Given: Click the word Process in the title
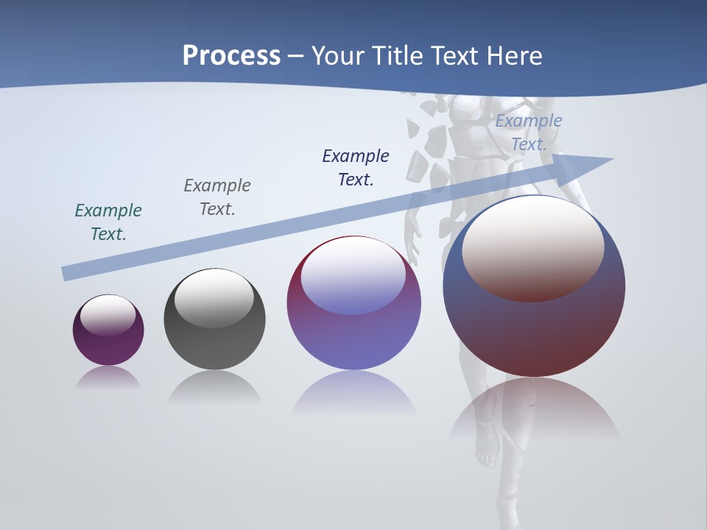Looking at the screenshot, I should [231, 56].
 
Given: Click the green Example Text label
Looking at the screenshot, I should [108, 222].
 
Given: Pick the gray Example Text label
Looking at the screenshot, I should [217, 197].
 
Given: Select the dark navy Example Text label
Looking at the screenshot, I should [356, 167].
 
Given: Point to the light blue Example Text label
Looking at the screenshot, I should [528, 132].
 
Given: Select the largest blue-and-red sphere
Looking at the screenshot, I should [534, 331].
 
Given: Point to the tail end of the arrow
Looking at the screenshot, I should [66, 274].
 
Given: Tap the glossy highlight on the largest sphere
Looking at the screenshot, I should [533, 247].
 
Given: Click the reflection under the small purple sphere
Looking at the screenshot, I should [108, 378].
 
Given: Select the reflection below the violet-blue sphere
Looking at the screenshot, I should [353, 394].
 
